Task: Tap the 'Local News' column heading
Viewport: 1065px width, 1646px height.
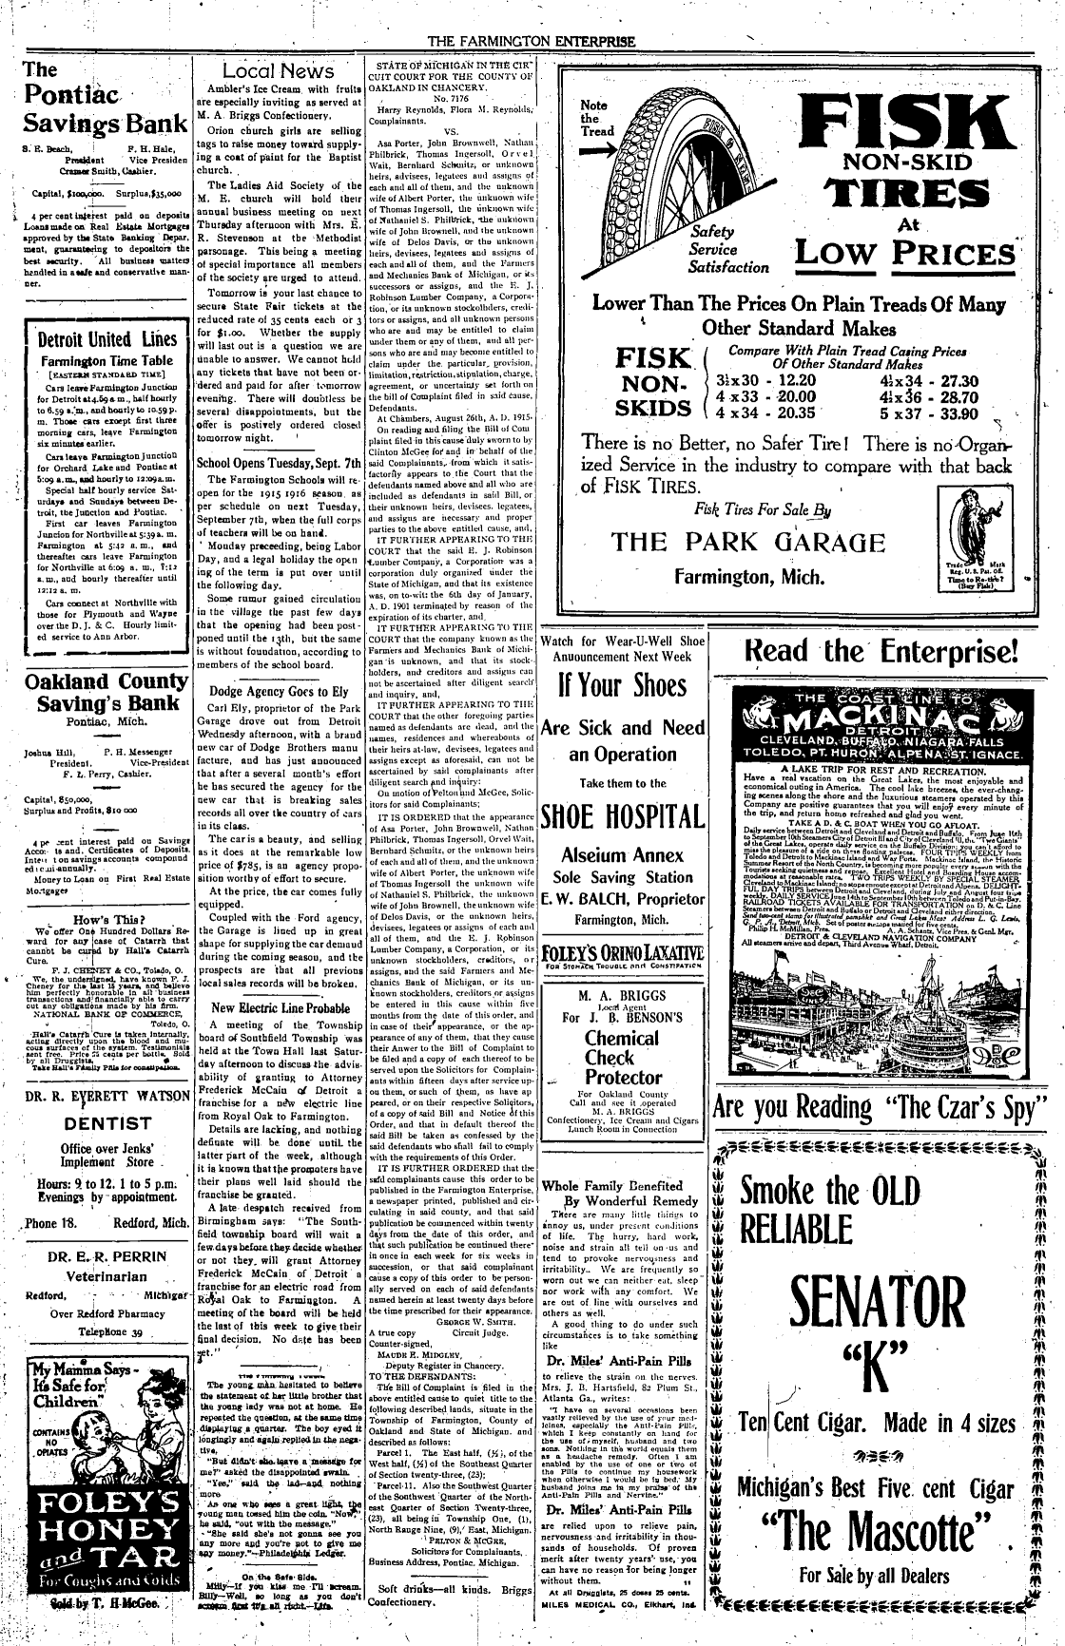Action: point(277,71)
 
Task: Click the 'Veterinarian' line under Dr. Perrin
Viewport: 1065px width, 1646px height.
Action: point(96,1277)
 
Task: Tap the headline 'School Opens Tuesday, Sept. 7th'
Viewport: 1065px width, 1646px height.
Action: point(279,464)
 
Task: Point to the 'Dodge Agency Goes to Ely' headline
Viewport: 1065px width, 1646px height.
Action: point(279,692)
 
